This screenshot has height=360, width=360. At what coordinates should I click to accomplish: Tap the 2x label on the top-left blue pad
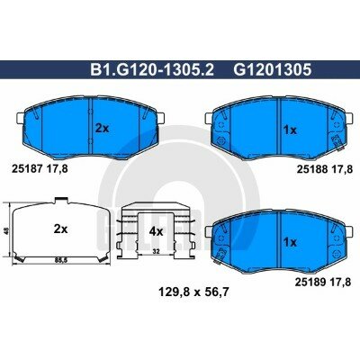click(x=102, y=128)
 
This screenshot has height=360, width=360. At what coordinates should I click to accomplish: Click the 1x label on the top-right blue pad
click(x=290, y=129)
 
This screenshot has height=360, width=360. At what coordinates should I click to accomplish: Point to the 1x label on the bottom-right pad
click(x=290, y=241)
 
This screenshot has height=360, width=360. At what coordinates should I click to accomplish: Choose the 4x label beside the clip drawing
click(x=155, y=231)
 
